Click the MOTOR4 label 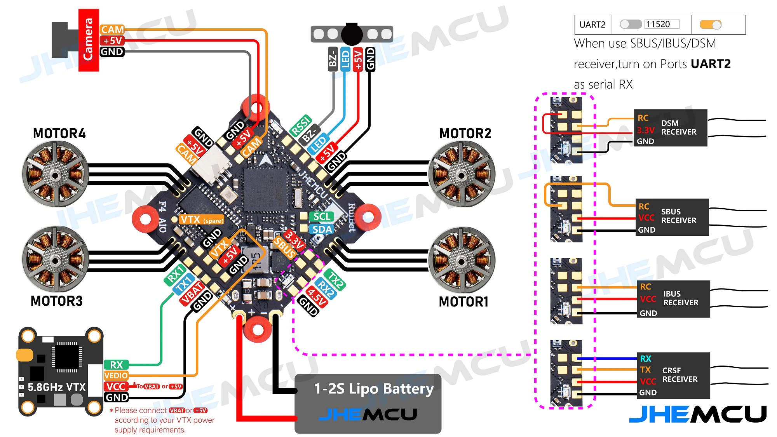tap(59, 134)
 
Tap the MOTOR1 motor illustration tap(461, 260)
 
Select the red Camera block tap(89, 40)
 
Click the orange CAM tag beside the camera tap(112, 30)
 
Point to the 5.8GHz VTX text tap(57, 387)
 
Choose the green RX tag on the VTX tap(116, 365)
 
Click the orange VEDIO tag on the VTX tap(116, 376)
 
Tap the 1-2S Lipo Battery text tap(373, 389)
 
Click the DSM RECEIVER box tap(671, 128)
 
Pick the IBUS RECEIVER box tap(674, 299)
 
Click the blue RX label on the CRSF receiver tap(646, 359)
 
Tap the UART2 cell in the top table tap(592, 25)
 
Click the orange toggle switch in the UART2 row tap(711, 25)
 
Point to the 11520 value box tap(662, 24)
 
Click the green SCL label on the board tap(322, 216)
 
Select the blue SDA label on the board tap(322, 230)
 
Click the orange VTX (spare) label tap(201, 220)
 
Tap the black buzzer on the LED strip tap(352, 34)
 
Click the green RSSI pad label tap(301, 125)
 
